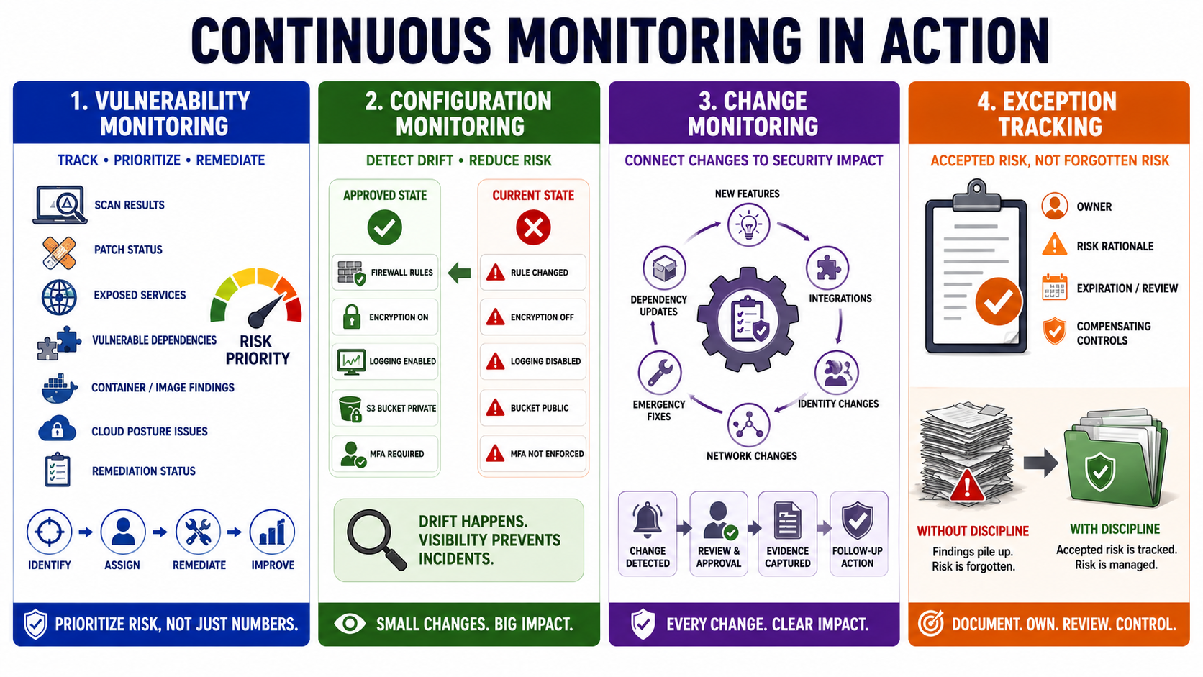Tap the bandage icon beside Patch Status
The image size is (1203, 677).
pyautogui.click(x=59, y=253)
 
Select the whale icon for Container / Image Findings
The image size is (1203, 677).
pyautogui.click(x=59, y=389)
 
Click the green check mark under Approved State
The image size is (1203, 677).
pyautogui.click(x=384, y=227)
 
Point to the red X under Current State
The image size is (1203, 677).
pyautogui.click(x=533, y=227)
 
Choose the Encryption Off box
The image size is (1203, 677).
pyautogui.click(x=532, y=317)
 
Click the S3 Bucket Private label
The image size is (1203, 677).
pyautogui.click(x=401, y=409)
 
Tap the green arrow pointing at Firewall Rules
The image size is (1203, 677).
pyautogui.click(x=459, y=273)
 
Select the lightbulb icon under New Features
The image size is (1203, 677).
pyautogui.click(x=749, y=225)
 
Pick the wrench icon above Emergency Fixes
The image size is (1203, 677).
pyautogui.click(x=660, y=373)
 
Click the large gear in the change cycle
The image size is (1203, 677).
pyautogui.click(x=748, y=319)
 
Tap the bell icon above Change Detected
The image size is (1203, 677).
pyautogui.click(x=647, y=519)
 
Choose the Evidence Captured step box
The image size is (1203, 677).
pyautogui.click(x=787, y=534)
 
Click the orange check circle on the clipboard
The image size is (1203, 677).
pyautogui.click(x=998, y=301)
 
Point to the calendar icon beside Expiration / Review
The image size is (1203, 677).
pyautogui.click(x=1055, y=288)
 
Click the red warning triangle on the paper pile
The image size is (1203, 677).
pyautogui.click(x=967, y=486)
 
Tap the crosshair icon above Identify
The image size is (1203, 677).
pyautogui.click(x=50, y=532)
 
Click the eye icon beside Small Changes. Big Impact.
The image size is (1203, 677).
pyautogui.click(x=350, y=624)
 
